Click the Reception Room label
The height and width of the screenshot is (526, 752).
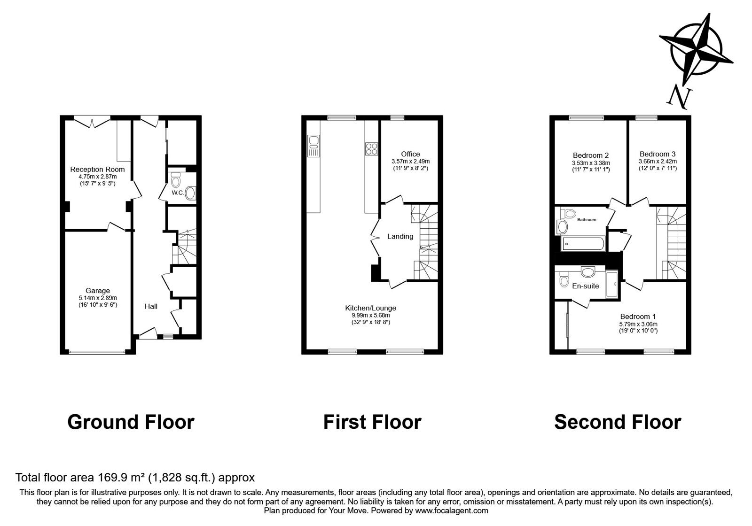click(x=97, y=169)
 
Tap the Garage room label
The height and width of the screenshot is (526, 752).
click(x=98, y=291)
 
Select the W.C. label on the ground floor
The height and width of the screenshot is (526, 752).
click(x=177, y=193)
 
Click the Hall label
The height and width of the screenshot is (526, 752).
click(x=151, y=306)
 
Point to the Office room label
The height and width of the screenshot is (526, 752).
click(x=410, y=154)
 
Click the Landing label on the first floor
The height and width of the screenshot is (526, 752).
click(x=400, y=236)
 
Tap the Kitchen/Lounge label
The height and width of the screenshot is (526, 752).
click(x=370, y=308)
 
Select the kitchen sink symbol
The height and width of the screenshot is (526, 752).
click(x=313, y=146)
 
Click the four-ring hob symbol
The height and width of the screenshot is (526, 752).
click(x=371, y=149)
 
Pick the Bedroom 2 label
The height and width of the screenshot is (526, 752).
click(x=591, y=155)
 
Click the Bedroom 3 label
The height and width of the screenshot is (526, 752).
click(x=658, y=154)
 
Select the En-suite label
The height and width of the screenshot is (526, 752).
click(x=585, y=286)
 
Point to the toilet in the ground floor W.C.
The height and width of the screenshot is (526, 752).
click(x=176, y=180)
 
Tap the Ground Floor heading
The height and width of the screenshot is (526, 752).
click(x=131, y=422)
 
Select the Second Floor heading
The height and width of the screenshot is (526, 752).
click(x=617, y=422)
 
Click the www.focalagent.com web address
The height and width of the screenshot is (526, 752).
click(x=451, y=511)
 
